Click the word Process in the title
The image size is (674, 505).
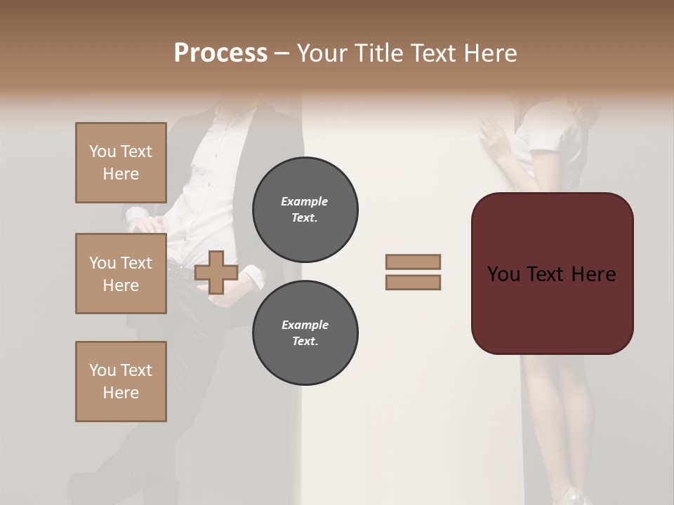pos(220,53)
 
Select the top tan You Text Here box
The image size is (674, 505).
pos(121,163)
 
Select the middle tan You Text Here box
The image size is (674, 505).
pos(121,274)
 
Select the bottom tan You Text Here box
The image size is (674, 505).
pos(121,382)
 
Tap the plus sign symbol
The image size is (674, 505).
pos(216,272)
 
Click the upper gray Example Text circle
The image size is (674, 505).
pos(305,210)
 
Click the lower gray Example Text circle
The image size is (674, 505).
pos(305,333)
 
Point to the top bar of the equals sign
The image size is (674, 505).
pos(413,262)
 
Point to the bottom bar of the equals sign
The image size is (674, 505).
pos(413,283)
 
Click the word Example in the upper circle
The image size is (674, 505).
pos(305,201)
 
